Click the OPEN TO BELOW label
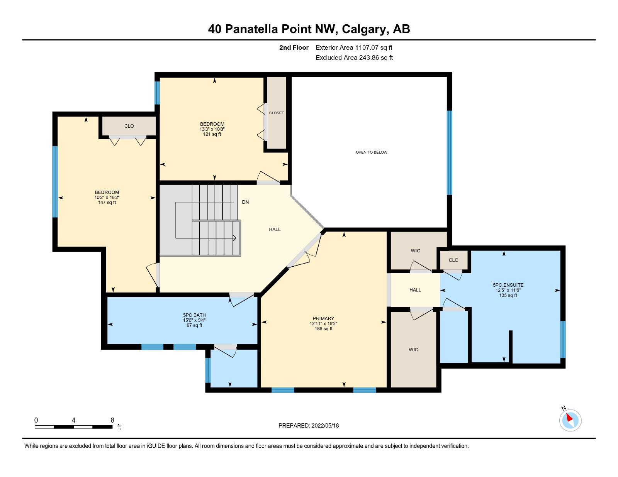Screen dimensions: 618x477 click(x=371, y=152)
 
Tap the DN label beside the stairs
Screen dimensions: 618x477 click(x=245, y=202)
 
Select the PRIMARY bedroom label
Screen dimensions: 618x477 click(x=323, y=318)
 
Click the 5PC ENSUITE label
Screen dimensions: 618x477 click(x=508, y=285)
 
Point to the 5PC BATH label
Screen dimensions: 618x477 click(x=194, y=315)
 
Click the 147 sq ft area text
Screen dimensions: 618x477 click(x=107, y=203)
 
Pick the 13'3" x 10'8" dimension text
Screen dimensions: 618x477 click(x=212, y=129)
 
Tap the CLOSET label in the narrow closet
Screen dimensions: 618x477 click(x=276, y=113)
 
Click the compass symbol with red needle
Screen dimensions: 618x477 click(x=570, y=420)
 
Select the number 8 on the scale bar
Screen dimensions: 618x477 click(x=112, y=420)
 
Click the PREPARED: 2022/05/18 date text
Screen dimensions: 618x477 click(x=309, y=426)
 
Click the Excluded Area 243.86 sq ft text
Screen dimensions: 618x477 click(x=354, y=58)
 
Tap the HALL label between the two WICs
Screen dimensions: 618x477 click(x=415, y=290)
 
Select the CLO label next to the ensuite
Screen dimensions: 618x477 click(x=453, y=260)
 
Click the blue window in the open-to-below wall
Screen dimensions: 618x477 click(x=449, y=153)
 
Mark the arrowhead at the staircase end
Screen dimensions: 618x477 click(x=234, y=238)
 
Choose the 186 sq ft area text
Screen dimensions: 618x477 click(x=323, y=329)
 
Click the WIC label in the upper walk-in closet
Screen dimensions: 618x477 click(x=415, y=251)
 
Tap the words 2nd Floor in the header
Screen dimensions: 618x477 click(x=294, y=48)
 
